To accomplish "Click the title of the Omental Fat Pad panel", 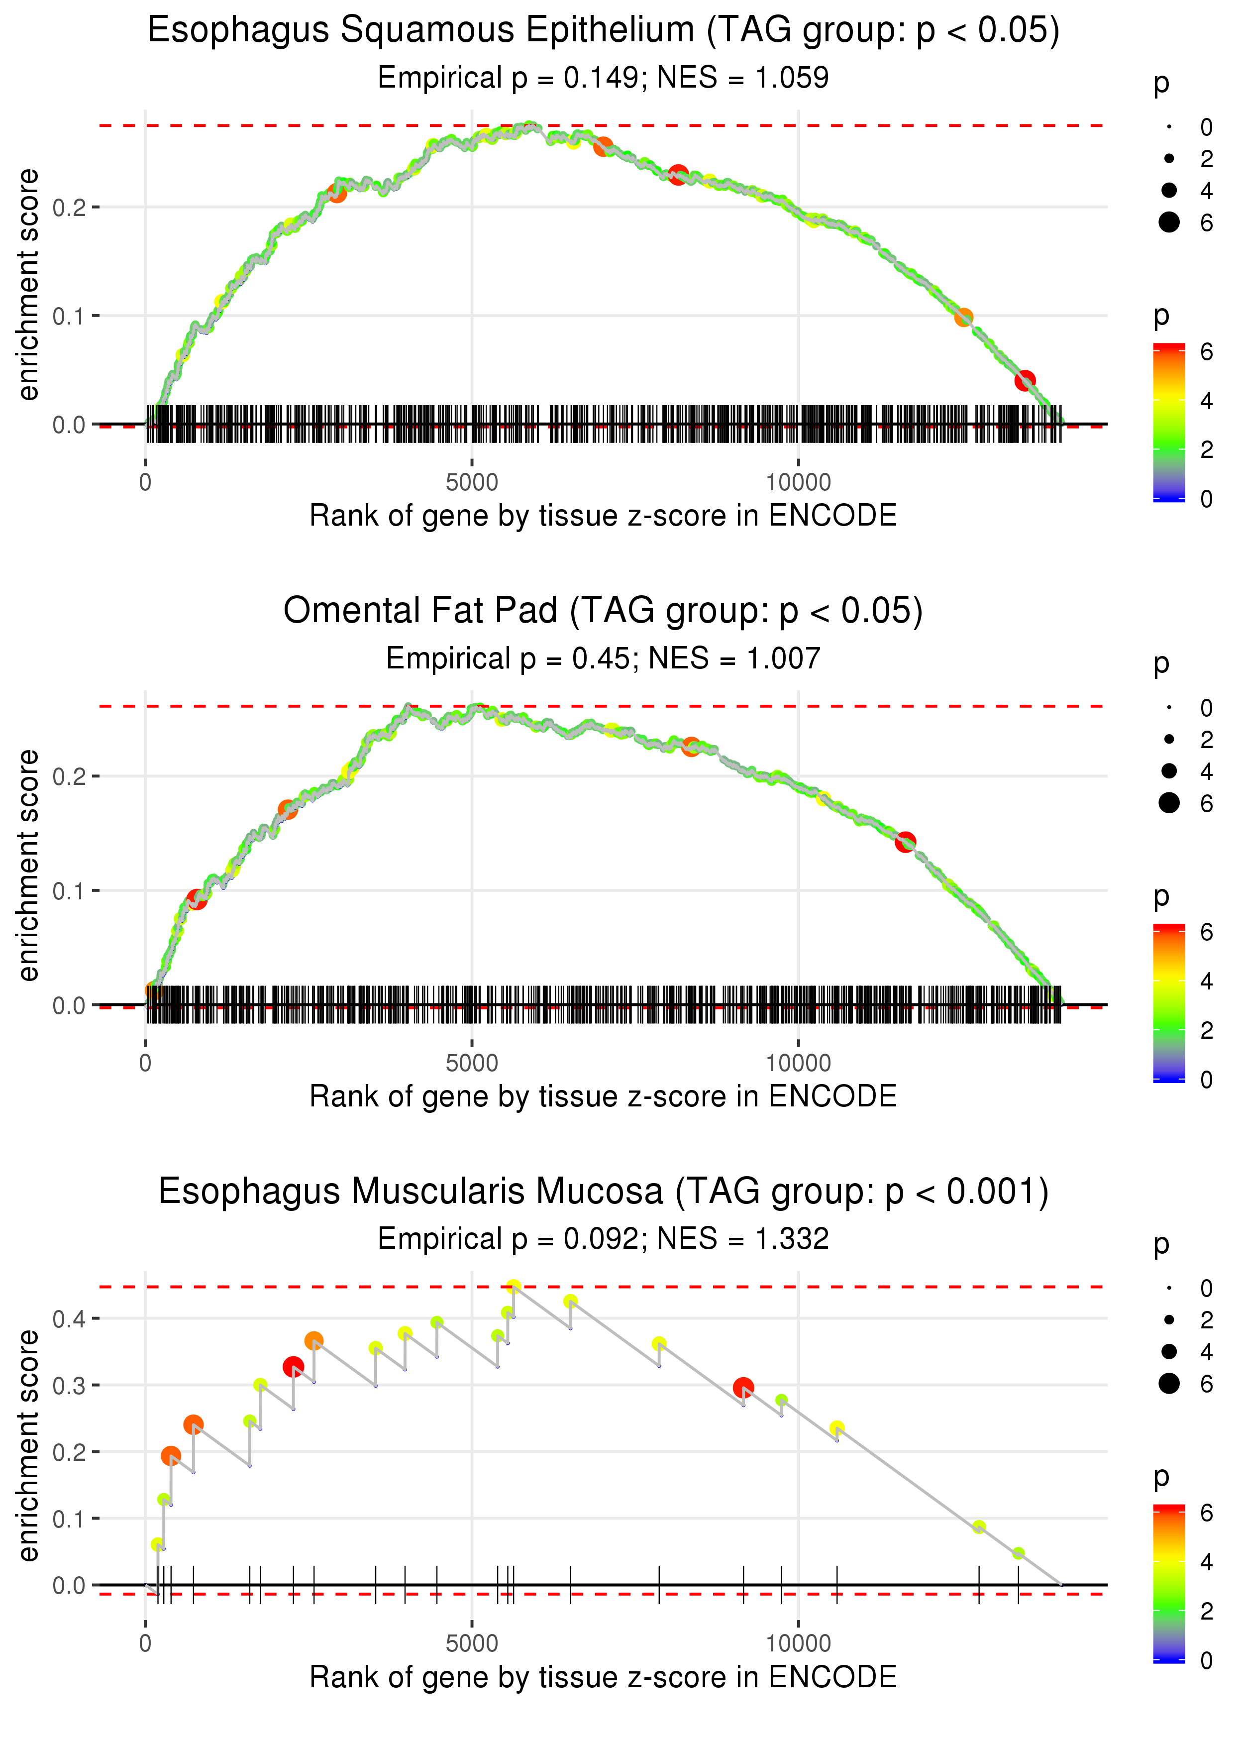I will [603, 611].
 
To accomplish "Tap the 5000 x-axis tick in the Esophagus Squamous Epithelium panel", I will [472, 483].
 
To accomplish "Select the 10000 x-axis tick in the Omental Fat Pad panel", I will [798, 1063].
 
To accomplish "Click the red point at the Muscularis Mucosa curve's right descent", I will [743, 1387].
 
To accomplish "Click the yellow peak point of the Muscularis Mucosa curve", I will [513, 1287].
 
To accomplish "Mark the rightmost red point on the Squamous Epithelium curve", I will [1025, 380].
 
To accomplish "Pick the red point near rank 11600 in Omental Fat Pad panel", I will [906, 842].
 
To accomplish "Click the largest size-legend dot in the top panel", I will [1169, 222].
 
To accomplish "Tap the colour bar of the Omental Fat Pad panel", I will [1169, 1003].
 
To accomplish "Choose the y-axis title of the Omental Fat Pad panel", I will [28, 865].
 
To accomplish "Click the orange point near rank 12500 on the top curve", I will [964, 317].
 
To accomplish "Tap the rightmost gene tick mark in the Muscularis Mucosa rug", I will [1018, 1584].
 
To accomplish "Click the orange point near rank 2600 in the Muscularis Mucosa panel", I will [314, 1340].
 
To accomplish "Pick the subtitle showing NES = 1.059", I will [603, 77].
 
